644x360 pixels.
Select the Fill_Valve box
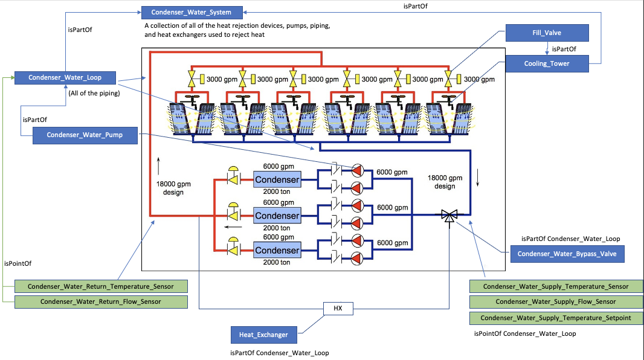click(x=547, y=33)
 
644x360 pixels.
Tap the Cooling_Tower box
click(x=547, y=63)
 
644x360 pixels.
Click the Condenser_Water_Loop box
click(x=65, y=77)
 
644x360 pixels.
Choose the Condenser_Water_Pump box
click(x=85, y=135)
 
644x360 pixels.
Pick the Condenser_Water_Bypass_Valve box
click(x=567, y=254)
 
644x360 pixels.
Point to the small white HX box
click(x=337, y=307)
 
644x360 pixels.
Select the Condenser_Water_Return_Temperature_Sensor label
click(x=100, y=286)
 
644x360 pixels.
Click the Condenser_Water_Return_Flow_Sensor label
click(x=100, y=301)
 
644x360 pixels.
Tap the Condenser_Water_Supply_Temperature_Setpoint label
click(x=556, y=318)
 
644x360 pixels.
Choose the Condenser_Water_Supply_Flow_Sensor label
click(x=556, y=301)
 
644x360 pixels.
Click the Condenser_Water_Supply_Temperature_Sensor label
click(x=556, y=286)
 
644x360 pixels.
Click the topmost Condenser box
click(x=277, y=180)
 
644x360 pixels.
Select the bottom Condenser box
click(x=277, y=250)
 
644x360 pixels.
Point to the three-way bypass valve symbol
click(x=448, y=216)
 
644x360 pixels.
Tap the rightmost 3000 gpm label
click(x=479, y=79)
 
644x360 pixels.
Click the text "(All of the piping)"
click(x=93, y=93)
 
